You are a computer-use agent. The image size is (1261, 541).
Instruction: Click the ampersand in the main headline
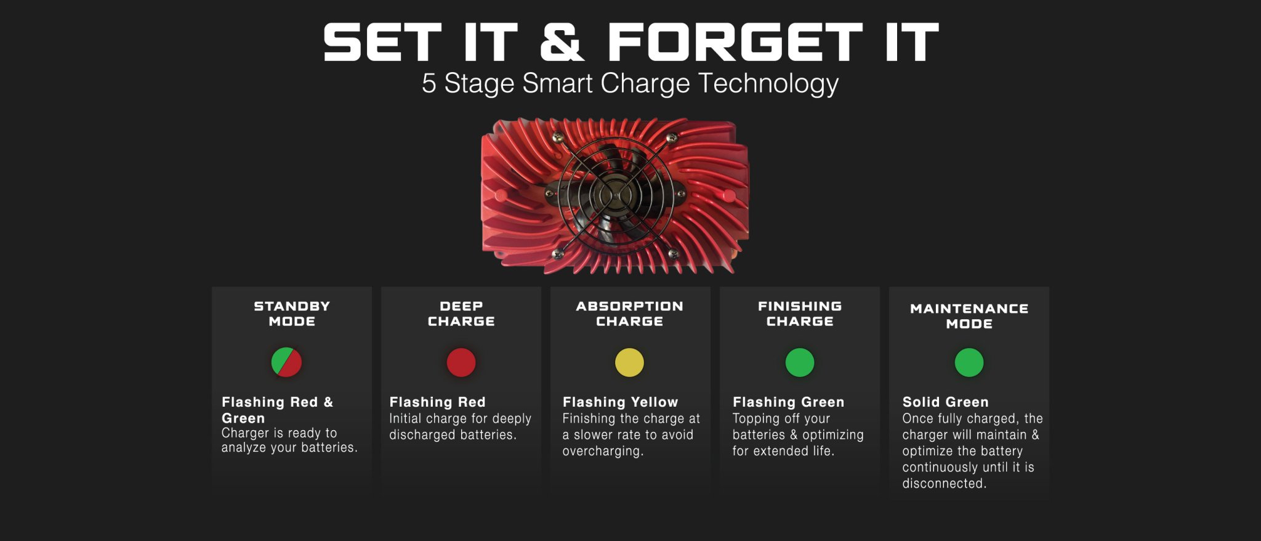(562, 42)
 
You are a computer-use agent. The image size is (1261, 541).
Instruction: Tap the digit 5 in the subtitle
(429, 84)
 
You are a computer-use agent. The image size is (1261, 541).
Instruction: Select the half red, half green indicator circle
(286, 362)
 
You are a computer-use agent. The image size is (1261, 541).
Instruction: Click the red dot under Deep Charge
(461, 362)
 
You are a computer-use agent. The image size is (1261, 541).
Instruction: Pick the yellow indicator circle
(629, 362)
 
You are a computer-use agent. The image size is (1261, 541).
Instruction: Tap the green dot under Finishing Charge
(800, 362)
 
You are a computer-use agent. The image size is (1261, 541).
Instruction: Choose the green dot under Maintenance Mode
(969, 362)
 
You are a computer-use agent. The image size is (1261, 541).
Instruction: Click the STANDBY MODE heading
(292, 314)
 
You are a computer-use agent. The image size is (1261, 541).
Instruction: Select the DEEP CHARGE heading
(461, 314)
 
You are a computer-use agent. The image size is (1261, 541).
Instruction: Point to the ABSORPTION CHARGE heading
(629, 314)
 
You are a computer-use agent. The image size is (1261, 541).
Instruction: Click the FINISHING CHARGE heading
(800, 314)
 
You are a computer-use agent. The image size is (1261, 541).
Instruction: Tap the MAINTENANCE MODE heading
(969, 316)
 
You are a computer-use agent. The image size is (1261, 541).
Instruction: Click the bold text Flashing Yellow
(620, 402)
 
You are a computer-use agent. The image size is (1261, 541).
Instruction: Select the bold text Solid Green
(945, 402)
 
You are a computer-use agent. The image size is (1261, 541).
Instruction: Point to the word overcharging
(603, 451)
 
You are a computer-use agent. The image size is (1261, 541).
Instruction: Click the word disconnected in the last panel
(944, 484)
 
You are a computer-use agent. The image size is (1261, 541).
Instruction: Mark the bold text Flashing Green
(788, 402)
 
